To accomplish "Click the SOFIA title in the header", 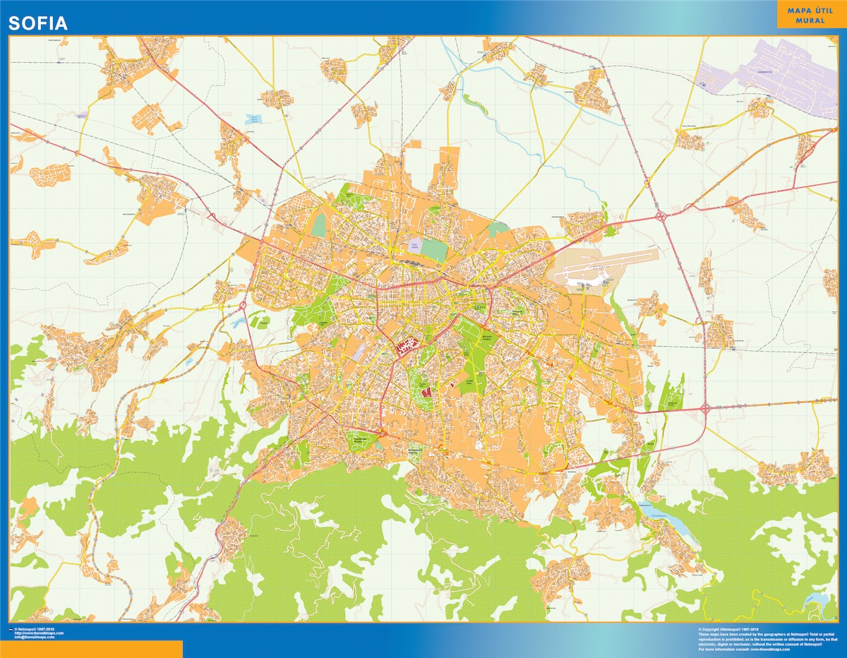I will (x=38, y=23).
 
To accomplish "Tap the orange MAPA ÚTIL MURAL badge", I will (x=810, y=14).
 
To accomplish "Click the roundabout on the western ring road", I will (x=243, y=305).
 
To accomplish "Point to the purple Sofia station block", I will (x=414, y=246).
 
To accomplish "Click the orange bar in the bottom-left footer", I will (x=91, y=649).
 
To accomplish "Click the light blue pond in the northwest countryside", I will (x=252, y=119).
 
